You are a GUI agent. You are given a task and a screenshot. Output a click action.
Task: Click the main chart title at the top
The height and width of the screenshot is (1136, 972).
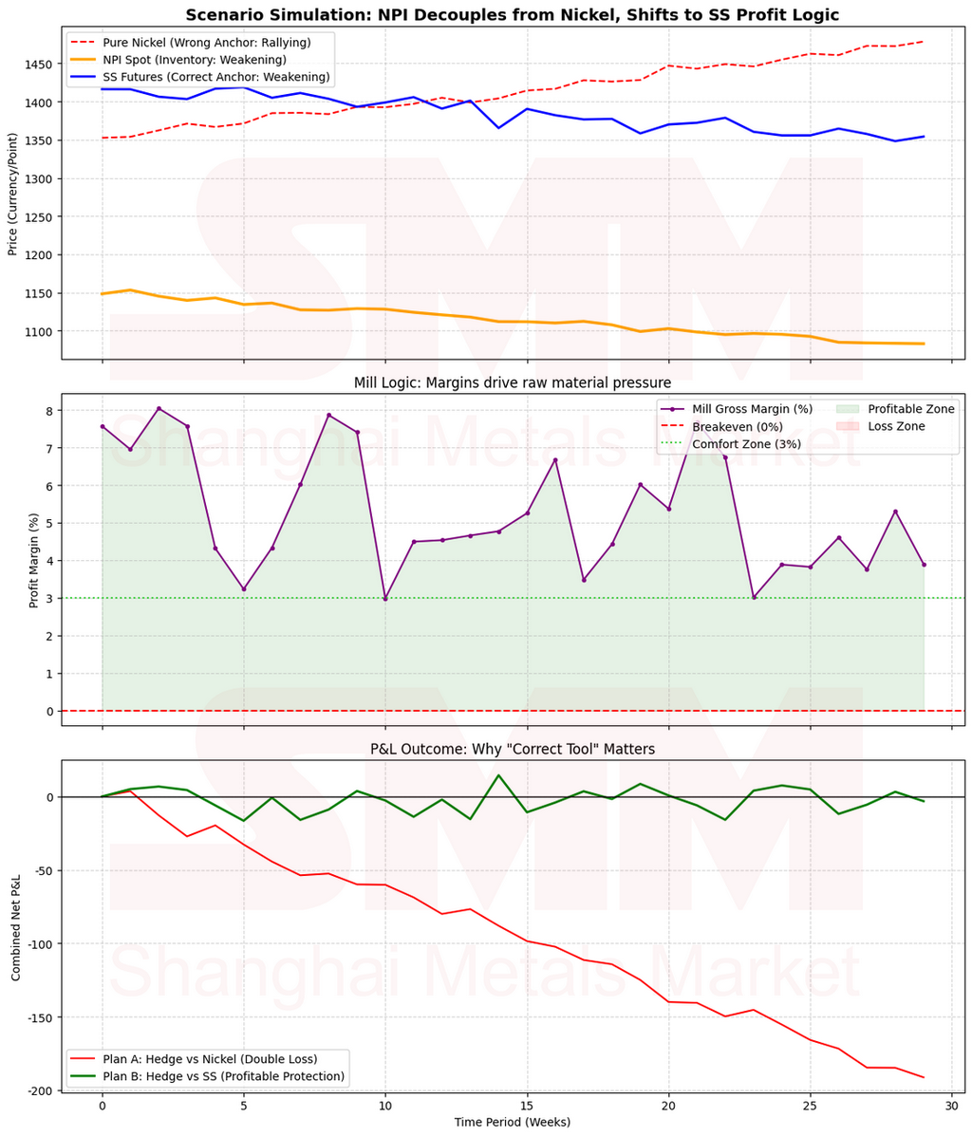tap(512, 14)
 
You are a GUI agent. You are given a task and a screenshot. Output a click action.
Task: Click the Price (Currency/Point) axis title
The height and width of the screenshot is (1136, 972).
tap(12, 196)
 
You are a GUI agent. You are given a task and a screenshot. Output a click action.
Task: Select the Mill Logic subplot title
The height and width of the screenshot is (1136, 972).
tap(512, 382)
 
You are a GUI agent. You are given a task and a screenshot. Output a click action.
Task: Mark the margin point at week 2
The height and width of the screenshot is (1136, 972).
tap(159, 409)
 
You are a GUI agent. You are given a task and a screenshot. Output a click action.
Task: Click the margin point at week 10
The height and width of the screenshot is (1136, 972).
tap(385, 599)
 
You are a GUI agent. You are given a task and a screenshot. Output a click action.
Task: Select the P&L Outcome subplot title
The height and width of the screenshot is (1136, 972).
tap(512, 749)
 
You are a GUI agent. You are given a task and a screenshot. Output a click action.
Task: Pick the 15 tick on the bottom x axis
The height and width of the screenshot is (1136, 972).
tap(527, 1106)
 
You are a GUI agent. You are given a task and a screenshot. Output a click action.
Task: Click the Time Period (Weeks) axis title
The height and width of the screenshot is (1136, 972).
tap(512, 1122)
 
